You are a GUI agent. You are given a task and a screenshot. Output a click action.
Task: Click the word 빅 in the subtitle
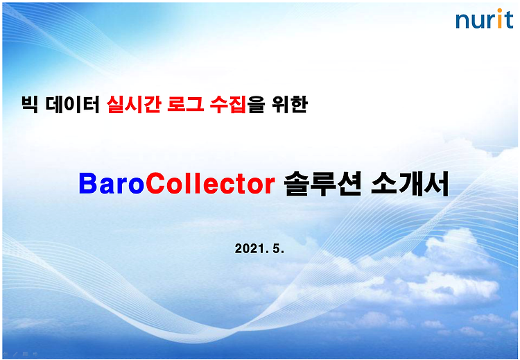tap(30, 104)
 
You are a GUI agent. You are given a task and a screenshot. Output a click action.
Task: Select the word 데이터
tap(73, 104)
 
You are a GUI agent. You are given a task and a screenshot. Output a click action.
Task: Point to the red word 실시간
tap(134, 104)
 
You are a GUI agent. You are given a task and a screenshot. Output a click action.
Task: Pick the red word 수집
tap(228, 104)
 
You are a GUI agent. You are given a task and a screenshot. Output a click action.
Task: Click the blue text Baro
tap(112, 184)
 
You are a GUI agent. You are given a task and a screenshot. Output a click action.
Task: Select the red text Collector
tap(210, 184)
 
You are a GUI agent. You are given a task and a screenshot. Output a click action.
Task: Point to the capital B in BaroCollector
tap(89, 184)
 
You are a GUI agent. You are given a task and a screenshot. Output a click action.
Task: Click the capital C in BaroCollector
tap(155, 184)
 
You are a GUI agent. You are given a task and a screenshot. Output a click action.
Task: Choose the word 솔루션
tap(322, 184)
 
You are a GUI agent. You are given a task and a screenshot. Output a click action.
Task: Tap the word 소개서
tap(410, 184)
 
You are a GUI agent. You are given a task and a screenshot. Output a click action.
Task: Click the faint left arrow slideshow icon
tap(6, 354)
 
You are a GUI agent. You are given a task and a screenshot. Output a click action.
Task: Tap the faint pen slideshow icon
tap(15, 354)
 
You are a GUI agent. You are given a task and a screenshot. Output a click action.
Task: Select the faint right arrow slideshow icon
tap(35, 354)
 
